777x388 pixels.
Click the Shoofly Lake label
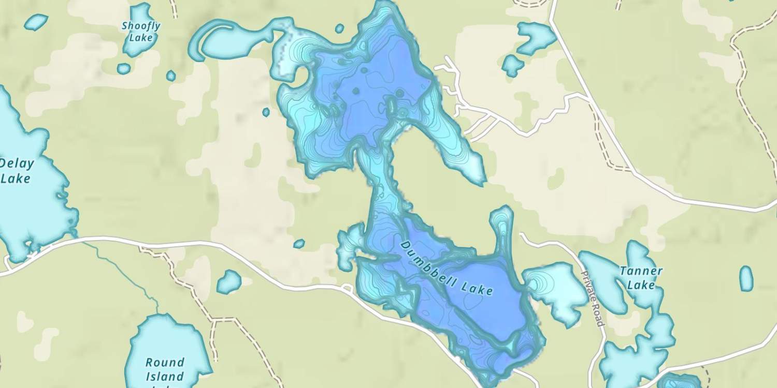pos(141,32)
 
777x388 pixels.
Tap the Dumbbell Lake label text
pos(447,268)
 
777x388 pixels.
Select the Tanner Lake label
pos(641,278)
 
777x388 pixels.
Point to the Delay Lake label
pos(17,171)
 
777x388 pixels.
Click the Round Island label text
pos(165,369)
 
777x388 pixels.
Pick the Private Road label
pos(592,299)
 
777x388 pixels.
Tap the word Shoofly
pos(141,26)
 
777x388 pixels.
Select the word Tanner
pos(641,271)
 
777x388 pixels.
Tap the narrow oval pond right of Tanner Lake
pos(746,278)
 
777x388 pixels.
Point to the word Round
pos(165,362)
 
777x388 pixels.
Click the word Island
pos(165,376)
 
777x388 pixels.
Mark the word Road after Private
pos(598,316)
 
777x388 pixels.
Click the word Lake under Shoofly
pos(141,38)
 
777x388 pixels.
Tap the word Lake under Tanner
pos(641,285)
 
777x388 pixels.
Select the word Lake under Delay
pos(16,179)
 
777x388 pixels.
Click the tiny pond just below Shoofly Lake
pos(124,68)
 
